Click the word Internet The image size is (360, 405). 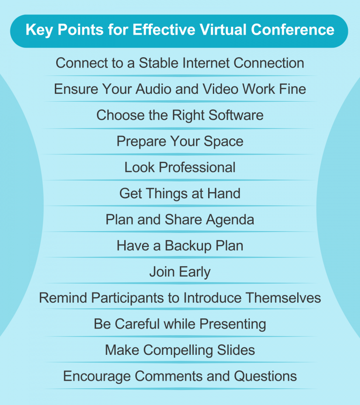(x=208, y=63)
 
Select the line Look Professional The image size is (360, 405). (x=180, y=167)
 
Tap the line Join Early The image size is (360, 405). (x=180, y=271)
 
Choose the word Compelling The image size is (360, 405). (x=177, y=350)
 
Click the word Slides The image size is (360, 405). (x=237, y=350)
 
